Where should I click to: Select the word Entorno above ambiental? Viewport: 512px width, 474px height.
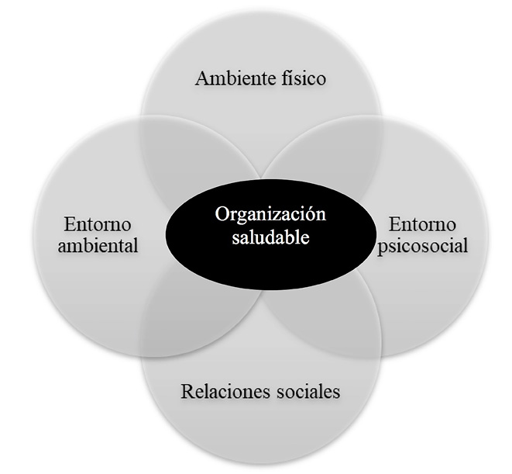(x=98, y=226)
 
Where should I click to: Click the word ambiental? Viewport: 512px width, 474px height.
(x=98, y=247)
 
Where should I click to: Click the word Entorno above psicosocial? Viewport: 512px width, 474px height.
(x=422, y=226)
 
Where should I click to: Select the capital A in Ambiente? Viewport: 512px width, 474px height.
(x=202, y=78)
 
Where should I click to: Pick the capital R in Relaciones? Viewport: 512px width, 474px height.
(x=187, y=391)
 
